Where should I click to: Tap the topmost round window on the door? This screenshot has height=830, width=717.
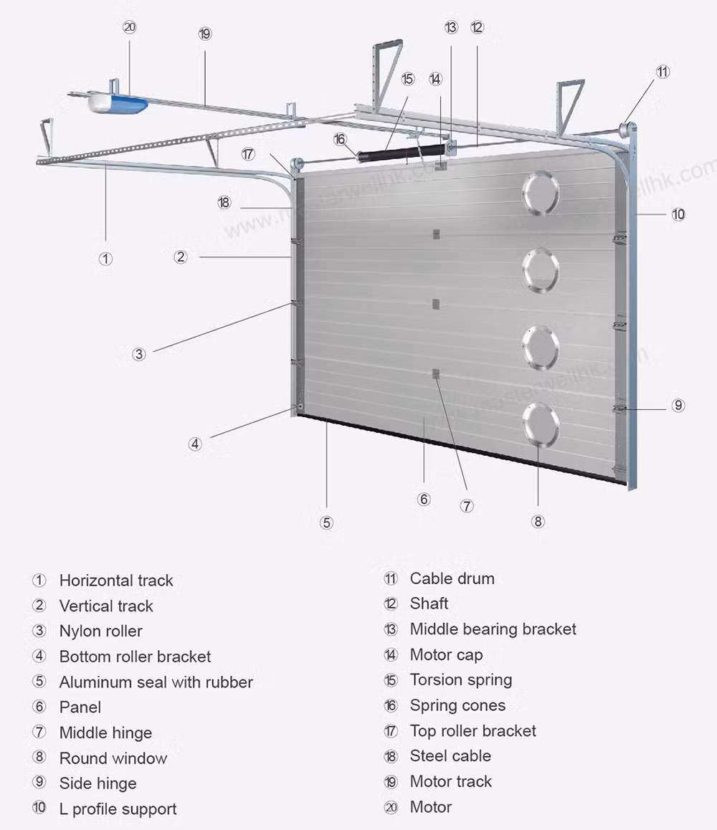[541, 193]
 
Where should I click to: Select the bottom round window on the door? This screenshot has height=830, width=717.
[541, 425]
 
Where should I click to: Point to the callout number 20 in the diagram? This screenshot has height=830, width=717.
[129, 27]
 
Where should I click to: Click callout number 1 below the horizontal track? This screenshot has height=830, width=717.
[105, 259]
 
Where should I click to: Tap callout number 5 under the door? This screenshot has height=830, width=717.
[327, 523]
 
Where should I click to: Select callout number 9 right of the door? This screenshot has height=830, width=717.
[678, 405]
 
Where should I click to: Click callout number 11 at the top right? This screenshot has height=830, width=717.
[663, 72]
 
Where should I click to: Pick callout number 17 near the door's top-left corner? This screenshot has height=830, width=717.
[248, 153]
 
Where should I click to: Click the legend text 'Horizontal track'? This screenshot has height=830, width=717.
[116, 581]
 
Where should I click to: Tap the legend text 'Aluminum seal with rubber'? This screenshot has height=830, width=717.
[156, 682]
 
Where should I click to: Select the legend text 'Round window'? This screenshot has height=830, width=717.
[113, 758]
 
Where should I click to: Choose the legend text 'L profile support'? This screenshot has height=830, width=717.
[118, 809]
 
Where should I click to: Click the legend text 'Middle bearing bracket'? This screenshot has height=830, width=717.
[493, 629]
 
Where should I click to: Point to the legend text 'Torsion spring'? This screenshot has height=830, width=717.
[460, 679]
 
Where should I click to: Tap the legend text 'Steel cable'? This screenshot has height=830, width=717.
[450, 755]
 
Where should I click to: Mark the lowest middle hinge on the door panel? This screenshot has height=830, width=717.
[435, 373]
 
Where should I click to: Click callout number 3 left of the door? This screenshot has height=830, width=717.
[139, 354]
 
